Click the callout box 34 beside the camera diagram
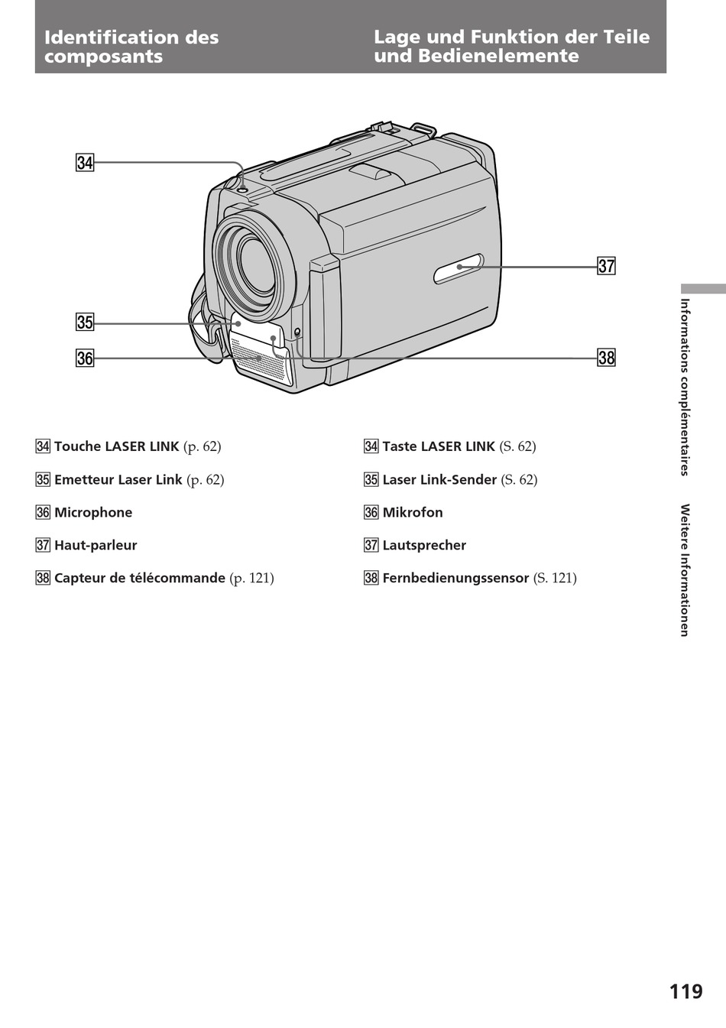tap(84, 162)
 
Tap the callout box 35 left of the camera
tap(84, 323)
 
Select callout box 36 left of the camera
tap(84, 357)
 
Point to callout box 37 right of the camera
tap(606, 266)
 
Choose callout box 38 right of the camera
tap(606, 357)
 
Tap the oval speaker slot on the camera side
tap(458, 268)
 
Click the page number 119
tap(685, 992)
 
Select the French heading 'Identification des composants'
tap(131, 47)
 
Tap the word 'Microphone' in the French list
tap(93, 512)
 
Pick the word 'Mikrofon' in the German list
tap(413, 512)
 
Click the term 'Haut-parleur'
tap(96, 545)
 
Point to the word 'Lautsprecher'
tap(424, 545)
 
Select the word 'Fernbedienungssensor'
tap(455, 578)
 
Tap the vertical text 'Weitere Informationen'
tap(685, 569)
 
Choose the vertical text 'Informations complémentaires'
tap(685, 386)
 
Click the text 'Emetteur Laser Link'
tap(118, 479)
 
